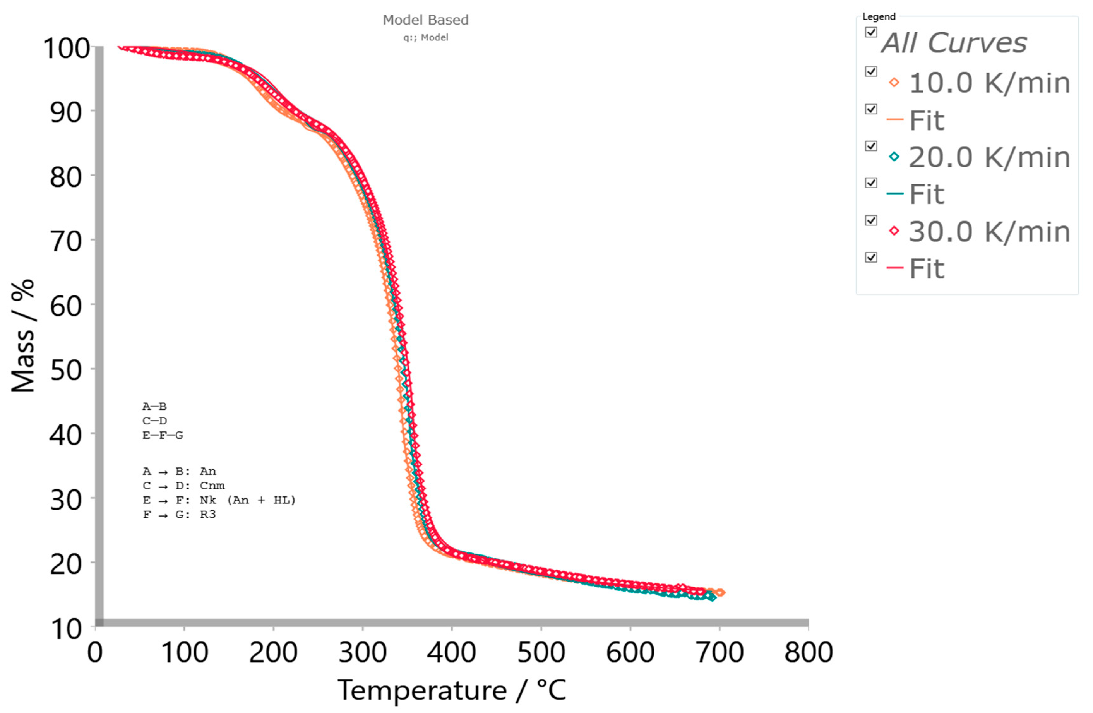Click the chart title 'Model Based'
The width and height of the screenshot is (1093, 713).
tap(425, 20)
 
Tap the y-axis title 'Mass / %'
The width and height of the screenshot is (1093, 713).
tap(23, 336)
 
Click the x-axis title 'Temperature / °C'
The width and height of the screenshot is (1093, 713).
tap(452, 690)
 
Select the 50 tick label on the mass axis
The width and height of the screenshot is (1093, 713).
tap(66, 370)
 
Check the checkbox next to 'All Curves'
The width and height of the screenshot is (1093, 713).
tap(871, 32)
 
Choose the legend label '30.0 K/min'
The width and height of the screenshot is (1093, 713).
tap(989, 232)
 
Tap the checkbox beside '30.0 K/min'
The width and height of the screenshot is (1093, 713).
tap(871, 220)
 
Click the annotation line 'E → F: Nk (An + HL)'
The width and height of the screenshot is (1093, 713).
tap(219, 500)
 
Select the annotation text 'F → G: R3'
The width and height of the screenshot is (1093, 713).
tap(179, 514)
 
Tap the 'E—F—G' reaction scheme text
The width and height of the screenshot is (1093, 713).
tap(163, 435)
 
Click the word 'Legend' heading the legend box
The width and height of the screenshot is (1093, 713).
tap(879, 16)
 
